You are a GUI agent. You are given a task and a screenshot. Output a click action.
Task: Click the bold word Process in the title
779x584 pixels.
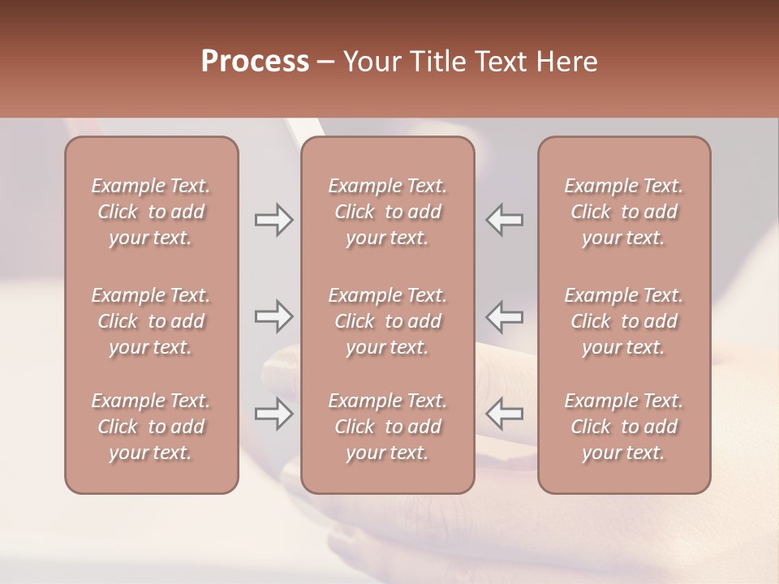point(255,62)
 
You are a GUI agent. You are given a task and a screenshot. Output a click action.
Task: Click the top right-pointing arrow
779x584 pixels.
point(274,220)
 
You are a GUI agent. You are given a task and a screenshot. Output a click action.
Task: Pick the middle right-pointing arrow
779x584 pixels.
point(274,316)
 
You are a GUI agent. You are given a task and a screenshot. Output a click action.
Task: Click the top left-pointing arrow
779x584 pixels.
point(505,220)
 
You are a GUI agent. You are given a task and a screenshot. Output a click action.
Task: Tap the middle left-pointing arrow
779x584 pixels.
point(505,316)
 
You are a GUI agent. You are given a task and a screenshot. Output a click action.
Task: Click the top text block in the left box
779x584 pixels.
point(151,212)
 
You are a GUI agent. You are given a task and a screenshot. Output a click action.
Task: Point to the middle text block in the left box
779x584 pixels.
point(151,321)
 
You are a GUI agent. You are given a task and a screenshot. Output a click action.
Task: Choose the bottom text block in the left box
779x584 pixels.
point(151,427)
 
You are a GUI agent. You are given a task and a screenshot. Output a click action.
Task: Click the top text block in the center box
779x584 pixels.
point(387,212)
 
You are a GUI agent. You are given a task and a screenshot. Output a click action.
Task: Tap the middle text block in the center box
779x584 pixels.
point(387,321)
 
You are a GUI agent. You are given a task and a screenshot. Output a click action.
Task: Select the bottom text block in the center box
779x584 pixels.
point(387,427)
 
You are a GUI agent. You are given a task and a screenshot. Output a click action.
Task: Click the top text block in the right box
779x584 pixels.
point(623,212)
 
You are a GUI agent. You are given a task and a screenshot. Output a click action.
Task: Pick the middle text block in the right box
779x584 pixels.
point(623,321)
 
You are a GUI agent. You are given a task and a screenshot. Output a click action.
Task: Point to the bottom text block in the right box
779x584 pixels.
point(623,427)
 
